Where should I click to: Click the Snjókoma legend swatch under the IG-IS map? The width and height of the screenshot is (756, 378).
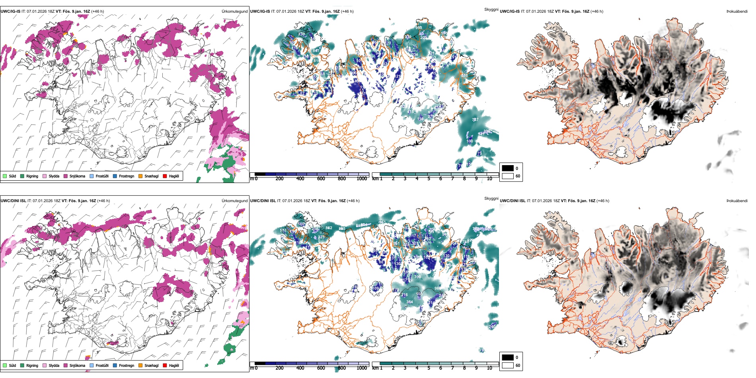click(66, 176)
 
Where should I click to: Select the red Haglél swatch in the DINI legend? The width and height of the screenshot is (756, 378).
click(165, 365)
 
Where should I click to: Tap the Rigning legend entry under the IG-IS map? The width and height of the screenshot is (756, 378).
click(32, 176)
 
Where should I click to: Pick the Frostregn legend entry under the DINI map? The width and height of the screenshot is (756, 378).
click(126, 365)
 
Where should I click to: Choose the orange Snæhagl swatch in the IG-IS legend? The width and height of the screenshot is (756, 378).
click(140, 176)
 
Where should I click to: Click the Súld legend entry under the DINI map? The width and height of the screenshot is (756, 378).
click(12, 365)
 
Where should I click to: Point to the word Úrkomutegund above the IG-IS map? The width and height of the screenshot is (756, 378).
click(234, 12)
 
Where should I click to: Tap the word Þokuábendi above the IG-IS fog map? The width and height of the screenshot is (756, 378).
click(737, 12)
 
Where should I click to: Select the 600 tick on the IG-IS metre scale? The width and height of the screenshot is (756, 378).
click(321, 179)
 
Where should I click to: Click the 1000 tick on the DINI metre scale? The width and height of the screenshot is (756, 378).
click(362, 368)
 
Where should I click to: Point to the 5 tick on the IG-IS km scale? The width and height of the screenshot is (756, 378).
click(429, 179)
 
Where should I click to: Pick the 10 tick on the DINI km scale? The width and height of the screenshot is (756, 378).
click(489, 368)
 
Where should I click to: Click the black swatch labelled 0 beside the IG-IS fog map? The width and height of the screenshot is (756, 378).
click(508, 168)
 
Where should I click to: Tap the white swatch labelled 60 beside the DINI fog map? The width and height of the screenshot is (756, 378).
click(508, 365)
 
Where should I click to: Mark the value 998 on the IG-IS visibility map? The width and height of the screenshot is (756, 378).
click(419, 28)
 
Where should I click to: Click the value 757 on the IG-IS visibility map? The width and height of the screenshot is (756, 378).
click(475, 120)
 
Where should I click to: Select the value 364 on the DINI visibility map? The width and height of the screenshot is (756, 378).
click(409, 302)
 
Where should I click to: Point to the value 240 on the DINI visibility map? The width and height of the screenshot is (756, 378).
click(492, 326)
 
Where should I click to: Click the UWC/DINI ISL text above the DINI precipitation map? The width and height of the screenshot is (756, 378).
click(13, 201)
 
